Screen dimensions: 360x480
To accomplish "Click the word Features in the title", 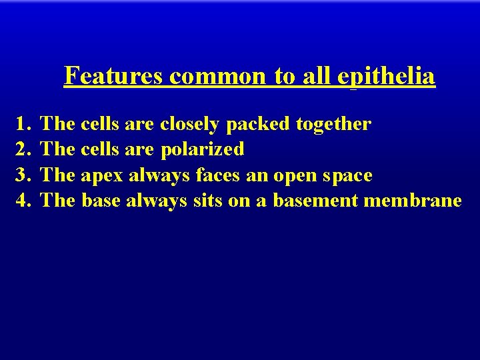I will [x=114, y=77].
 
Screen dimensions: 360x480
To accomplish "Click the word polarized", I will [x=203, y=149].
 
